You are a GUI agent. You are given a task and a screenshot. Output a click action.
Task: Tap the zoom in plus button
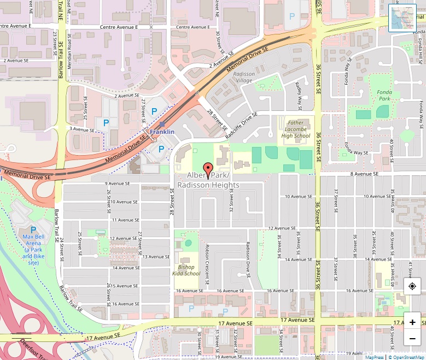(412, 322)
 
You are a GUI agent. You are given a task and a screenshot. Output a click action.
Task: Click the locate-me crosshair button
(412, 286)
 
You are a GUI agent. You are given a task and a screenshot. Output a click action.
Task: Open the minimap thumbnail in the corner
(402, 18)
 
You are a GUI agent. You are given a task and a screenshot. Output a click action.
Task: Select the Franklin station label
(162, 132)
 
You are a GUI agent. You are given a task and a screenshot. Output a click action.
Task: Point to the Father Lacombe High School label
(295, 129)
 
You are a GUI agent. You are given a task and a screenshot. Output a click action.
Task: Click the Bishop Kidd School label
(186, 270)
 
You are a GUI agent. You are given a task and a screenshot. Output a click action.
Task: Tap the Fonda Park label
(384, 95)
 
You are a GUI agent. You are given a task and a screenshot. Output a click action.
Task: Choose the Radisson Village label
(243, 77)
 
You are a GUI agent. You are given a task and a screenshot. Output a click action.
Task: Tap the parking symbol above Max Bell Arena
(33, 230)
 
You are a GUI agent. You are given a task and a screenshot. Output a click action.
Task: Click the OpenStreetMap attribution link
(406, 357)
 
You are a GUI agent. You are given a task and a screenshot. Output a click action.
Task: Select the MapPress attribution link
(375, 357)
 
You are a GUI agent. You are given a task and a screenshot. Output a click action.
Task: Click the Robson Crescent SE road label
(207, 264)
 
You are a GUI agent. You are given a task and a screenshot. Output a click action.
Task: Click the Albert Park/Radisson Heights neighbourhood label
(208, 180)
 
